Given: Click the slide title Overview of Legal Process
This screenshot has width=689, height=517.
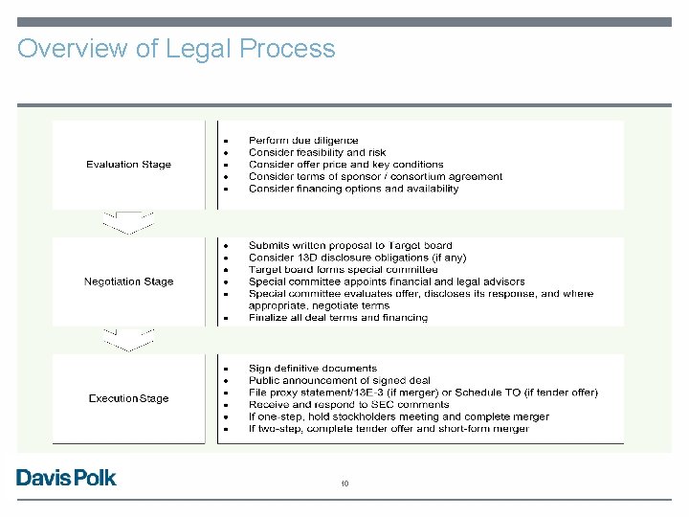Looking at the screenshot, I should click(x=176, y=49).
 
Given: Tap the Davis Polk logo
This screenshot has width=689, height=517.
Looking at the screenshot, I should click(x=66, y=477).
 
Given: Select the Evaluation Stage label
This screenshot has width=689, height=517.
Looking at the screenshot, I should click(x=128, y=165).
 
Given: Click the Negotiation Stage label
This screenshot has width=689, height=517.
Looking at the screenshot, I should click(x=128, y=281).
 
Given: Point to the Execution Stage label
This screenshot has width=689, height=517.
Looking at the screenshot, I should click(x=128, y=398).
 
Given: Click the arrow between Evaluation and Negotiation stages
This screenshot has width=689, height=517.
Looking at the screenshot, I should click(x=127, y=223).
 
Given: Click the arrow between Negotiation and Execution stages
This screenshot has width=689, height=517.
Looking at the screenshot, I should click(x=127, y=340).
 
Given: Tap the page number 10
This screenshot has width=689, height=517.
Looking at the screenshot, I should click(x=344, y=484).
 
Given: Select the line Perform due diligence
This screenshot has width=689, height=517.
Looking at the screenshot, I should click(x=303, y=140).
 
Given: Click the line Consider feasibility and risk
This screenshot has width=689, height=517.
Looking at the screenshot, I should click(x=317, y=152).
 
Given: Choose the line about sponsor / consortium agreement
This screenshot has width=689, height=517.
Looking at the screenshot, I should click(x=375, y=176).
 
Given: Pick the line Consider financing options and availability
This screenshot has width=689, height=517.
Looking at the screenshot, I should click(x=353, y=189).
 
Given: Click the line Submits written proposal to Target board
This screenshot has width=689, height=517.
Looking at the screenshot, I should click(x=350, y=246).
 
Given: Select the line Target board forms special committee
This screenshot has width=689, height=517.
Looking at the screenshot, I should click(x=343, y=270).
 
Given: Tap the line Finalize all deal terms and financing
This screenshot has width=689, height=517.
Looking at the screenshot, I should click(x=338, y=318).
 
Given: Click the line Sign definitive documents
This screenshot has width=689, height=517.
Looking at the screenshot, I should click(x=313, y=368).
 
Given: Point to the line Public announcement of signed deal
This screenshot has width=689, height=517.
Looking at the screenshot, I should click(x=339, y=380).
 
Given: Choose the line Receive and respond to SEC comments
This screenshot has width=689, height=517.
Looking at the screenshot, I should click(x=348, y=404).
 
